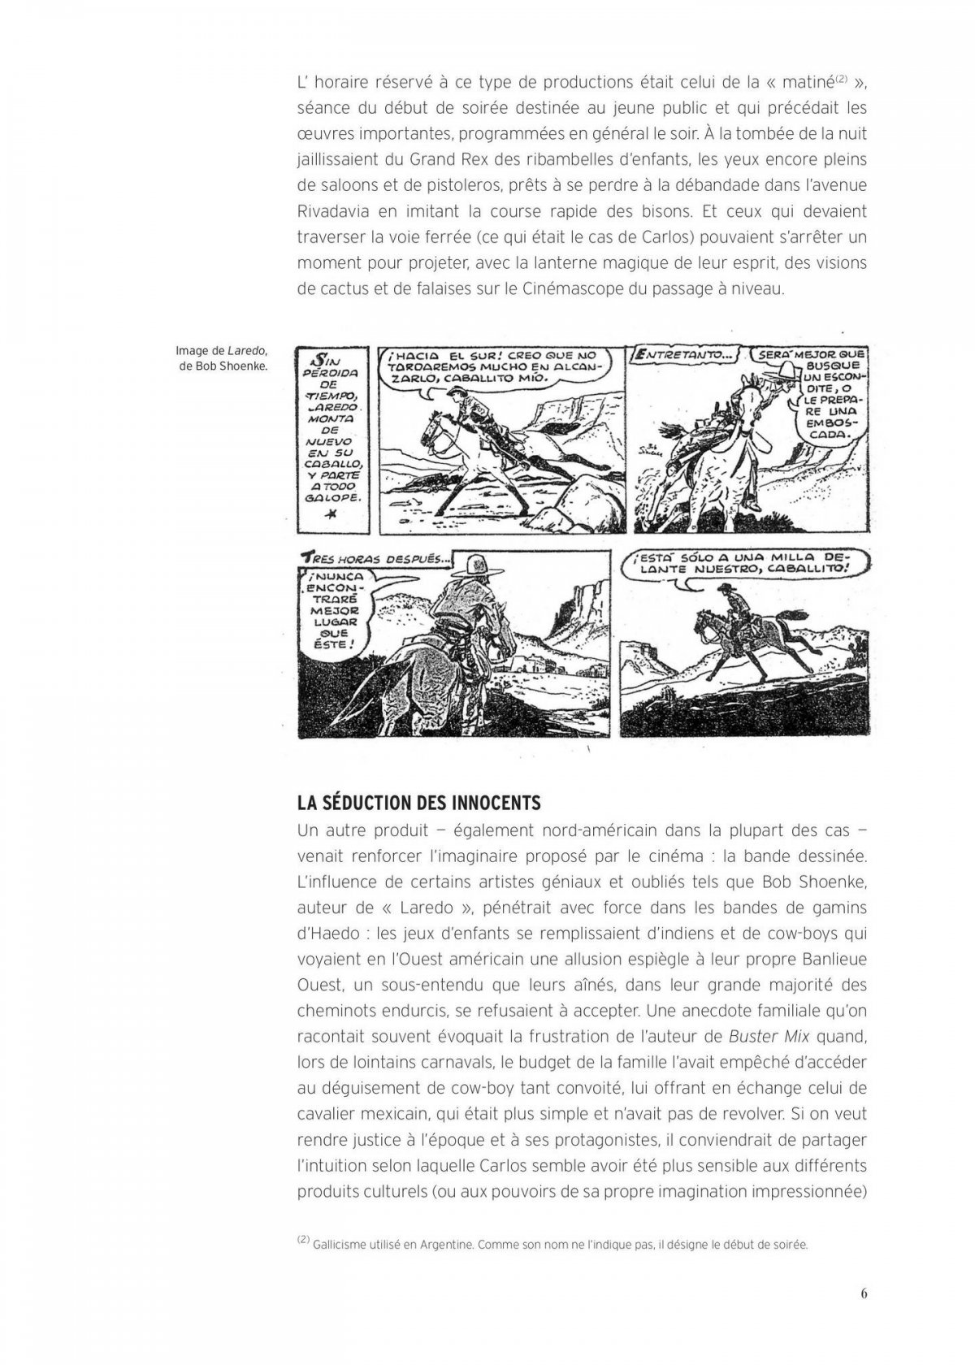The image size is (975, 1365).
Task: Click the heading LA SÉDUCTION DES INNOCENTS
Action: pyautogui.click(x=418, y=803)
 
